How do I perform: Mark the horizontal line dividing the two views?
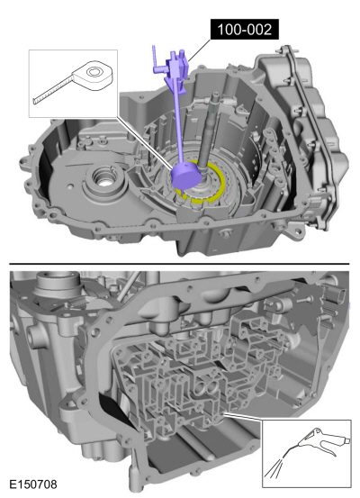point(180,264)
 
